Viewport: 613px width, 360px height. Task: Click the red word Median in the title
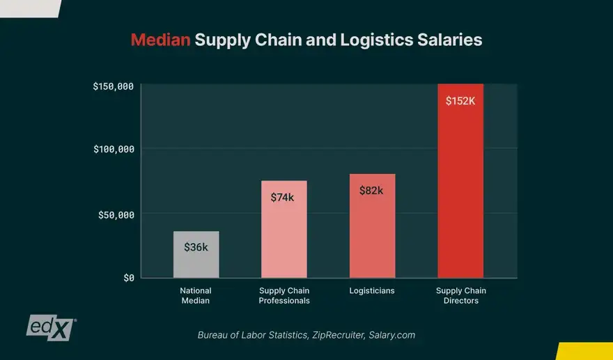(160, 40)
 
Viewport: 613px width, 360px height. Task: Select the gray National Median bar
(196, 255)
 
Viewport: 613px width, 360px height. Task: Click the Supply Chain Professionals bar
(284, 230)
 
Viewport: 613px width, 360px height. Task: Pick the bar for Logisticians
(372, 226)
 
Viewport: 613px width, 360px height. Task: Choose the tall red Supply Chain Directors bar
(460, 181)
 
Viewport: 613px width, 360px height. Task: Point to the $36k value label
(196, 247)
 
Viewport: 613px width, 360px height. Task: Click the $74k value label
(282, 197)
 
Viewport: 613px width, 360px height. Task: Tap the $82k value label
(371, 190)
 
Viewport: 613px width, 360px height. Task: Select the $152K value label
(460, 100)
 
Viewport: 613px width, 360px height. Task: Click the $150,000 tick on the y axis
(113, 86)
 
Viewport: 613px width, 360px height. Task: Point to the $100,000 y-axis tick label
(113, 149)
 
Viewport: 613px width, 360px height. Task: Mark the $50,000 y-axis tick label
(115, 214)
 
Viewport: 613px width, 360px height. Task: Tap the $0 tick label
(128, 278)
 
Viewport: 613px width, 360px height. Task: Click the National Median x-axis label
(196, 295)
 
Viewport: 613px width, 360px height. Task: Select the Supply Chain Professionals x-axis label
(284, 295)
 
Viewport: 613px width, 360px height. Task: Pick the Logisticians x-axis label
(372, 290)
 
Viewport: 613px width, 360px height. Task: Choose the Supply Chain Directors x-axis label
(460, 295)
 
